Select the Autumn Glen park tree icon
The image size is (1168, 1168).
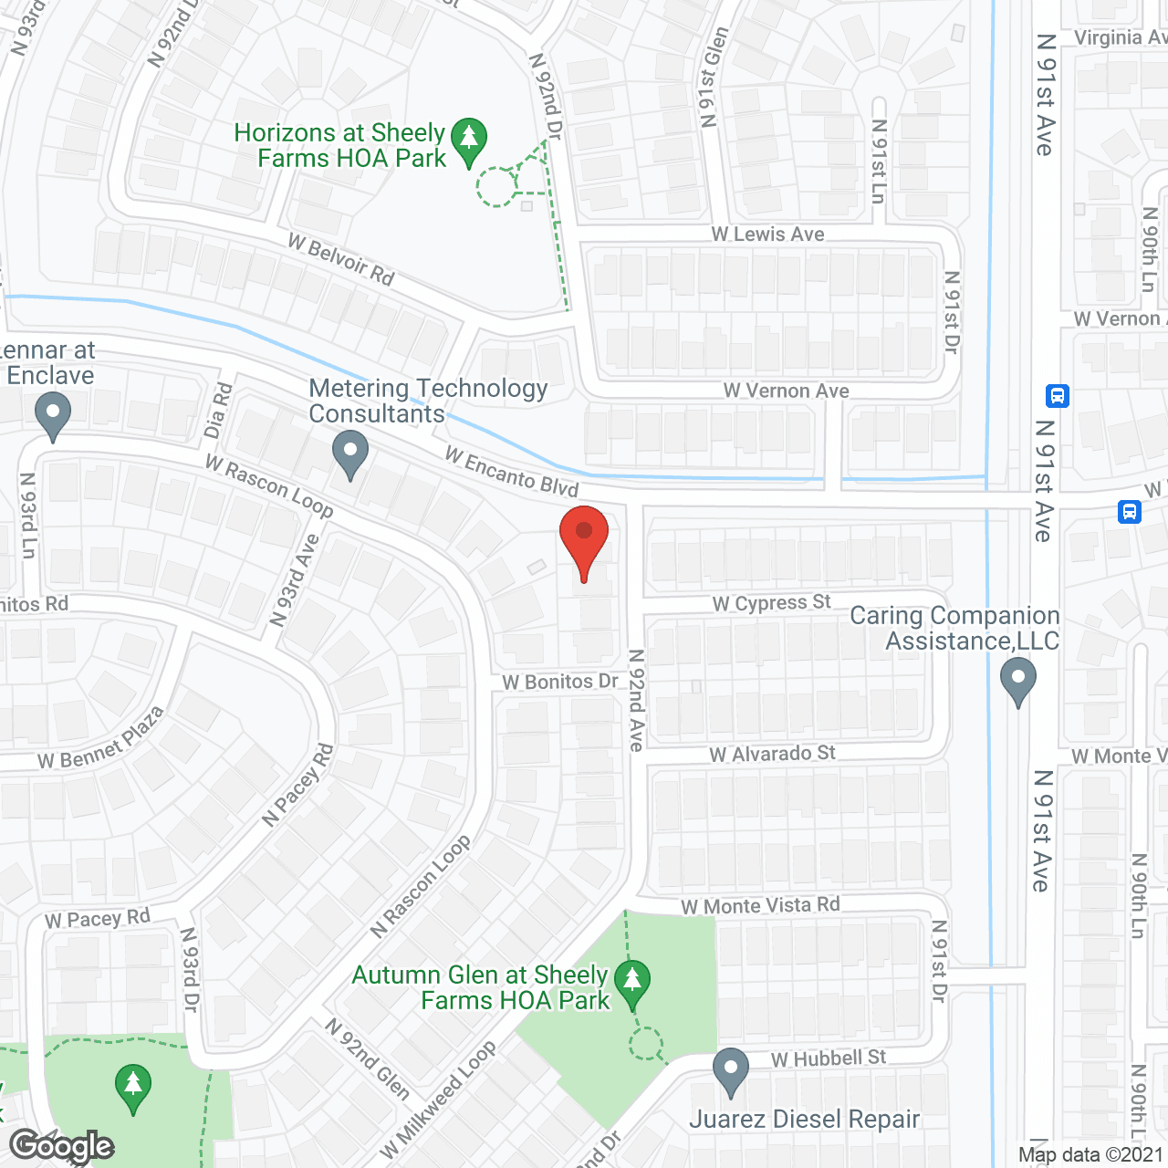pos(631,984)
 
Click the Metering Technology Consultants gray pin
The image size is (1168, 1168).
pos(349,454)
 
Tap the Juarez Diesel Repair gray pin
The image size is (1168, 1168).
pos(730,1071)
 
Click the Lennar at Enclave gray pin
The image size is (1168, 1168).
pos(53,414)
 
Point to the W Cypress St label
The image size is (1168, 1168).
pos(771,603)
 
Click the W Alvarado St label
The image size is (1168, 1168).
pos(772,754)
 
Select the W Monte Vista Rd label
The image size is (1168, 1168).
pos(760,906)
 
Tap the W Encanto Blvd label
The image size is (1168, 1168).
pos(511,471)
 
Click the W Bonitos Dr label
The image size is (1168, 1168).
pos(559,682)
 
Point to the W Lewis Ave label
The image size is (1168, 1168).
pos(767,235)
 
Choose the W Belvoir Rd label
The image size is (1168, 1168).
pos(341,259)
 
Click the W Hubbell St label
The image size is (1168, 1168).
pos(828,1058)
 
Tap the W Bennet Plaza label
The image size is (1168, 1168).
pos(100,738)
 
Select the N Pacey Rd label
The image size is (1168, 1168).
pos(298,785)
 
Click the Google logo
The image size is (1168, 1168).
pos(61,1146)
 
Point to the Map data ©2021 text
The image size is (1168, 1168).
pos(1091,1155)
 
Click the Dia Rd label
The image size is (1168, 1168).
pos(218,411)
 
